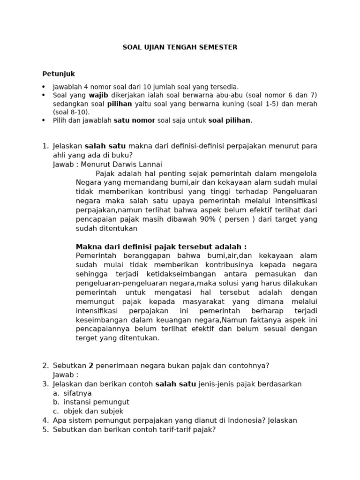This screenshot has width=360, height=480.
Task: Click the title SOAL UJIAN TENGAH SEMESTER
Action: [x=180, y=47]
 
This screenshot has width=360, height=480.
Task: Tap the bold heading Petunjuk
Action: [x=59, y=74]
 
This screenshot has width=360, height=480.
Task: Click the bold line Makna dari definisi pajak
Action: [x=161, y=247]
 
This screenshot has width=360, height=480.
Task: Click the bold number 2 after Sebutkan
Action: [x=91, y=366]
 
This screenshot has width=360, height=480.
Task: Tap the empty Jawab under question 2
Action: [x=65, y=375]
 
